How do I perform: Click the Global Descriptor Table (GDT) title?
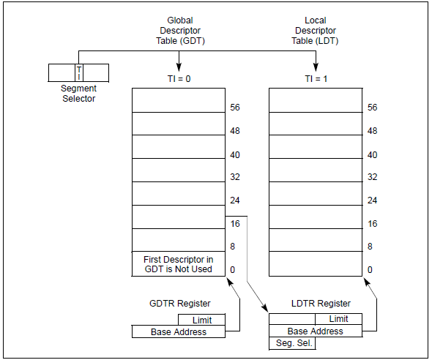point(179,31)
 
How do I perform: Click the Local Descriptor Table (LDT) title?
point(316,31)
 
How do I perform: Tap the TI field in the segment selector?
point(79,72)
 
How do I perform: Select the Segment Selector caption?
point(78,94)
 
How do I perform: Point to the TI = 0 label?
point(179,78)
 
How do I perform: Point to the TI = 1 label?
point(316,78)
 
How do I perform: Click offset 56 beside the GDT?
point(234,108)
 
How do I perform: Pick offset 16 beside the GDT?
point(234,223)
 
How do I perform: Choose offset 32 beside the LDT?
point(372,177)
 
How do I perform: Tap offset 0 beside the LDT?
point(370,270)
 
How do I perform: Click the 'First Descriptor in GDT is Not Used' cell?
point(178,263)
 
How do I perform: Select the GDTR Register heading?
point(179,304)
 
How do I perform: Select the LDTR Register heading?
point(320,304)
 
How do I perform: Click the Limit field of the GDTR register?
point(201,320)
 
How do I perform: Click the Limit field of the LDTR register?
point(338,319)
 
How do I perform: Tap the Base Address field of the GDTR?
point(179,332)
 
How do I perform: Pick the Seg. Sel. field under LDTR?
point(292,343)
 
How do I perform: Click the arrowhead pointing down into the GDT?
point(179,67)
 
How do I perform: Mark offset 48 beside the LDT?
point(372,131)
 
